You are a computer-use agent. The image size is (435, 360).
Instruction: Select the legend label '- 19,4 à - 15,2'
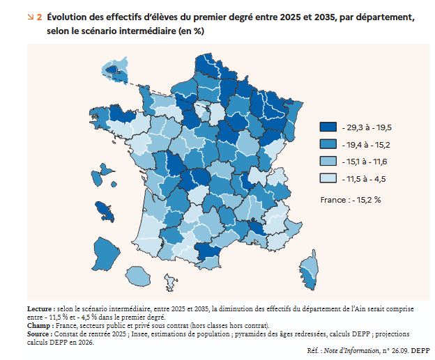click(x=365, y=145)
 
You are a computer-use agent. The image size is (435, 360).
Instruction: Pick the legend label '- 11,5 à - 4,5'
click(x=364, y=179)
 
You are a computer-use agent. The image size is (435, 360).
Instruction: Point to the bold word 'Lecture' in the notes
click(x=40, y=308)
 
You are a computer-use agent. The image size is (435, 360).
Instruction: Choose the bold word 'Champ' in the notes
click(x=38, y=325)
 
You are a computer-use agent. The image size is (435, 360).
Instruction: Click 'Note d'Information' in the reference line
click(x=358, y=350)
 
